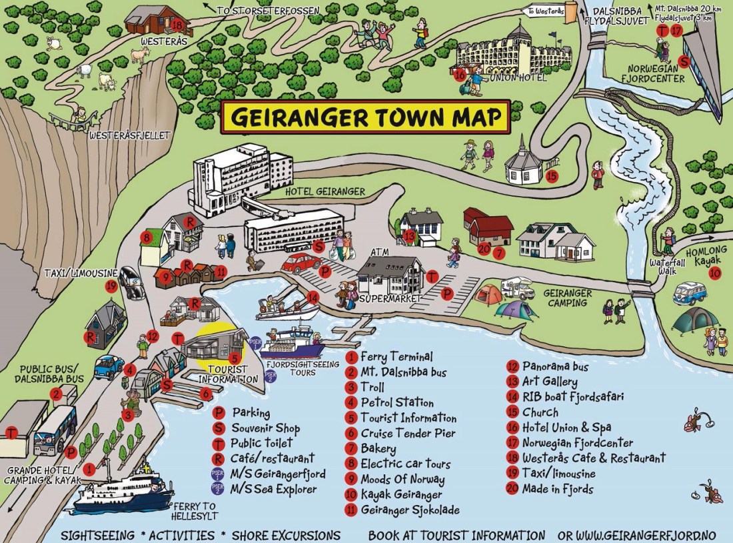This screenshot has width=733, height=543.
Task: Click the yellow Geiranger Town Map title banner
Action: (x=365, y=117)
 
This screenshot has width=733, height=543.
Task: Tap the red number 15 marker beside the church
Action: (x=550, y=177)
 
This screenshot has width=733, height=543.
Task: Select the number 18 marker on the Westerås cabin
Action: (x=177, y=25)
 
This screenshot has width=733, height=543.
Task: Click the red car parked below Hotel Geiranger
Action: (x=301, y=263)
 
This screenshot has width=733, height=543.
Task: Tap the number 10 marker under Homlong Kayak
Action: (x=714, y=272)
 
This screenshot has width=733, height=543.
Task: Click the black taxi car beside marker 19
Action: (x=131, y=284)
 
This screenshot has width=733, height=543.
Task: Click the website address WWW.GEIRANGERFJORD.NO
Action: (x=651, y=536)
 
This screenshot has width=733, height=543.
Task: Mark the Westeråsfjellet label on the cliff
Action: (x=129, y=135)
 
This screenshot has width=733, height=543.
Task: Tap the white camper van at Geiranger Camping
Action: (x=517, y=289)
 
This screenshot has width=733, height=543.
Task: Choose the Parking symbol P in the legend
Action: (x=218, y=413)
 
